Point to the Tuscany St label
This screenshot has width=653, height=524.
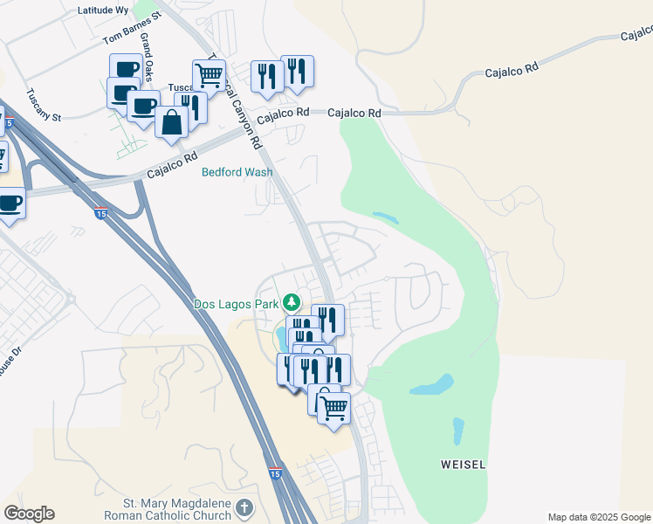click(43, 105)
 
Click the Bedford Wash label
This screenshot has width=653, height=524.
click(237, 172)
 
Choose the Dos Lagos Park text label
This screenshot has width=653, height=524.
click(236, 304)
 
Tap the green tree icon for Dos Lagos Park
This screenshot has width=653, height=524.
click(292, 303)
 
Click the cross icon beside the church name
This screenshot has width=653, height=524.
click(244, 507)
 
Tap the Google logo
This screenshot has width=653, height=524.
click(29, 514)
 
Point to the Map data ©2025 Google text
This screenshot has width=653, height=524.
click(599, 517)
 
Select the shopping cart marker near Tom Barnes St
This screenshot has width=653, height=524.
click(210, 76)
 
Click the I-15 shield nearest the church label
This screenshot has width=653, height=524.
click(275, 472)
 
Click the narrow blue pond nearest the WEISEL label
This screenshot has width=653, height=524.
click(457, 431)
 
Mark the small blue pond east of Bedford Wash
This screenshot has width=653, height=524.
click(384, 217)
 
